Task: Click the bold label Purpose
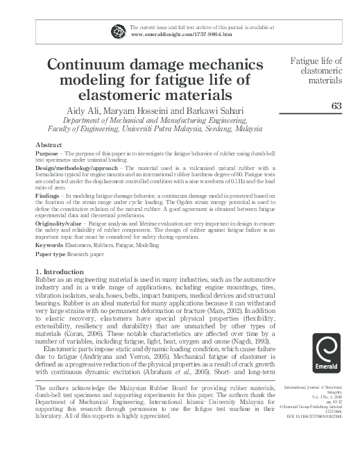coord(46,153)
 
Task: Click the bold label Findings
coord(47,196)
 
